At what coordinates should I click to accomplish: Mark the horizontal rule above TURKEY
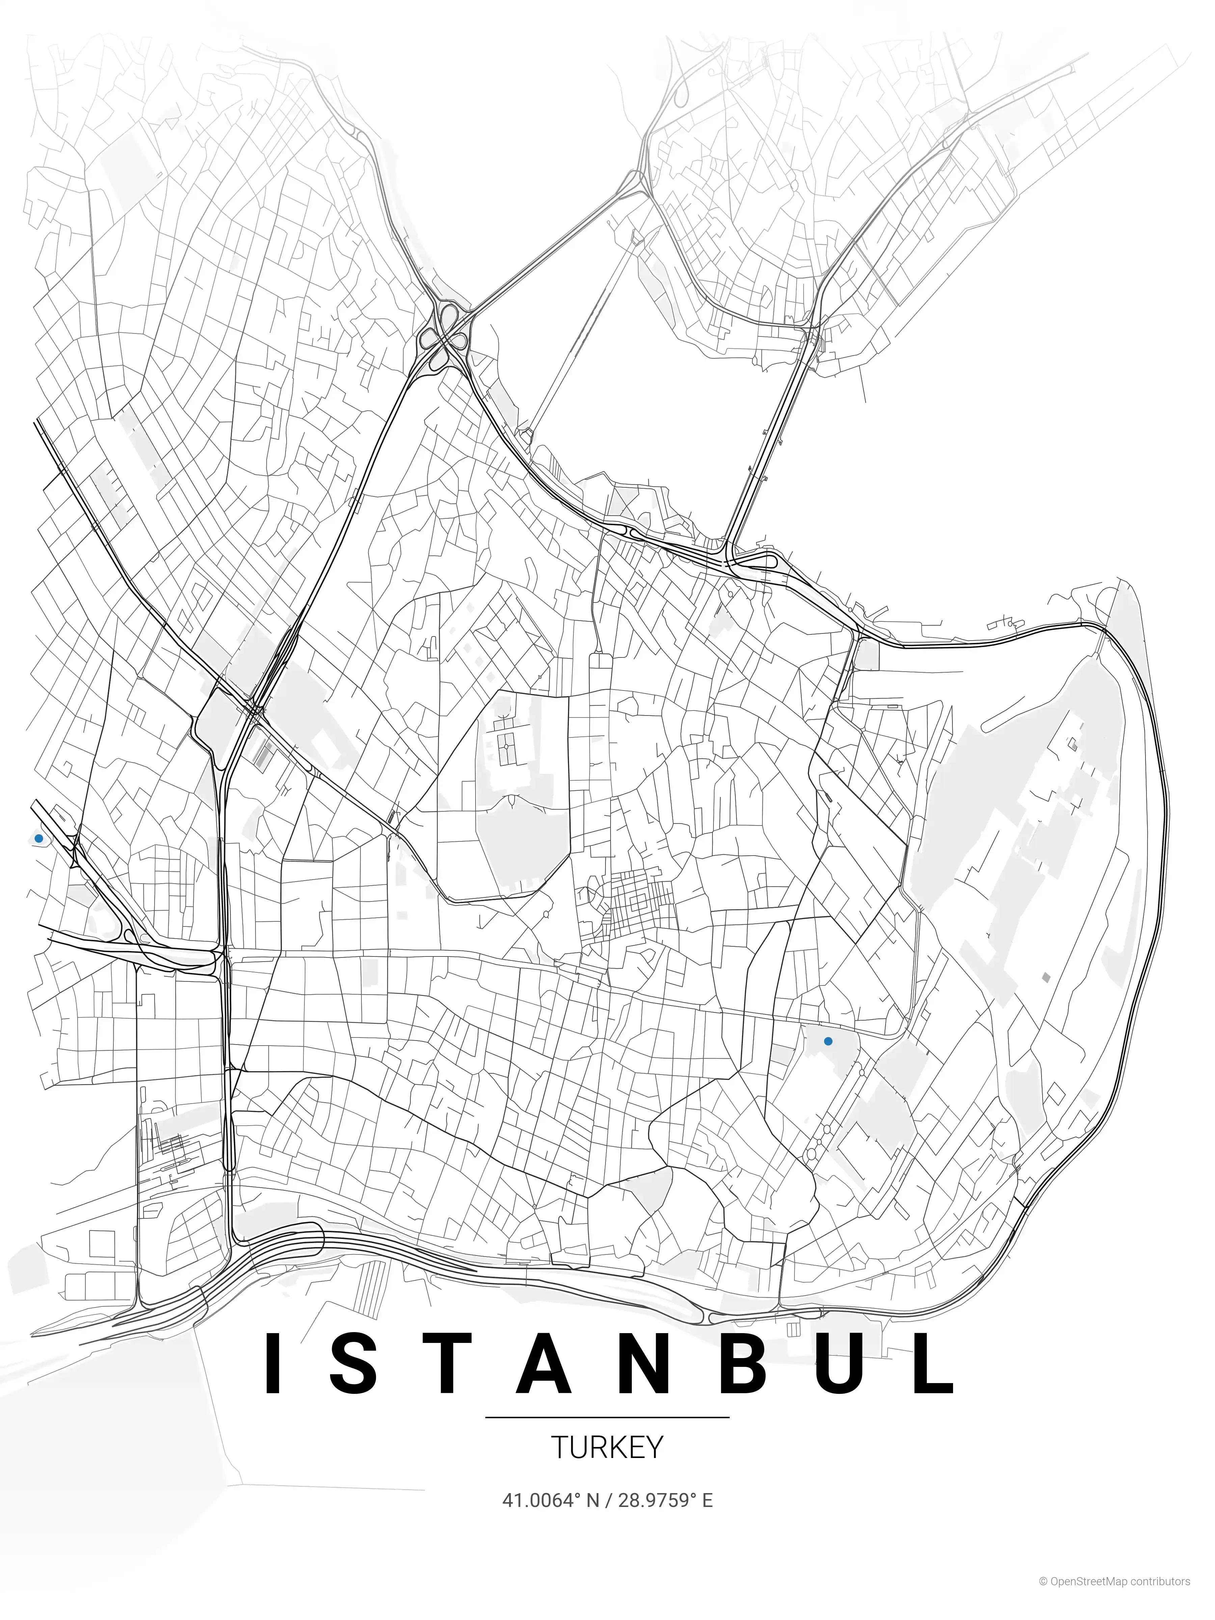point(607,1417)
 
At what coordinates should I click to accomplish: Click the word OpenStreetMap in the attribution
point(1087,1597)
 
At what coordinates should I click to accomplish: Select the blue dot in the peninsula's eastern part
point(828,1041)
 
